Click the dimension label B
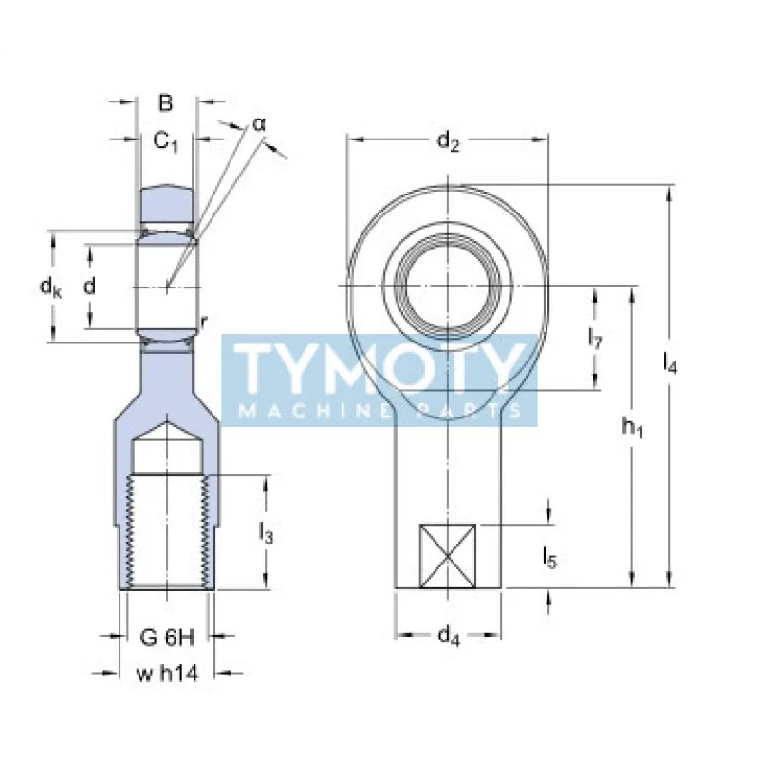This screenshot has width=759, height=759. (165, 102)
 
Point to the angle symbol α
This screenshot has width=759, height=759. (260, 124)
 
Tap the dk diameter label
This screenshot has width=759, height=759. (49, 287)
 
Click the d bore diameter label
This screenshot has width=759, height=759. (90, 287)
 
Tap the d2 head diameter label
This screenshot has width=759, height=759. (448, 142)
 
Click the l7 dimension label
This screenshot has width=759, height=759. (595, 338)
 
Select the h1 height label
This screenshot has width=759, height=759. (633, 428)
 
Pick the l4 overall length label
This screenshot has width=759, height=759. (670, 363)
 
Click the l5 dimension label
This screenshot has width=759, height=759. (549, 558)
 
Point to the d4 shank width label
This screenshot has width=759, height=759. (448, 638)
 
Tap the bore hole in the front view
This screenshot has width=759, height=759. (448, 284)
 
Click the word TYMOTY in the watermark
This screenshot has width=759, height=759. (379, 369)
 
